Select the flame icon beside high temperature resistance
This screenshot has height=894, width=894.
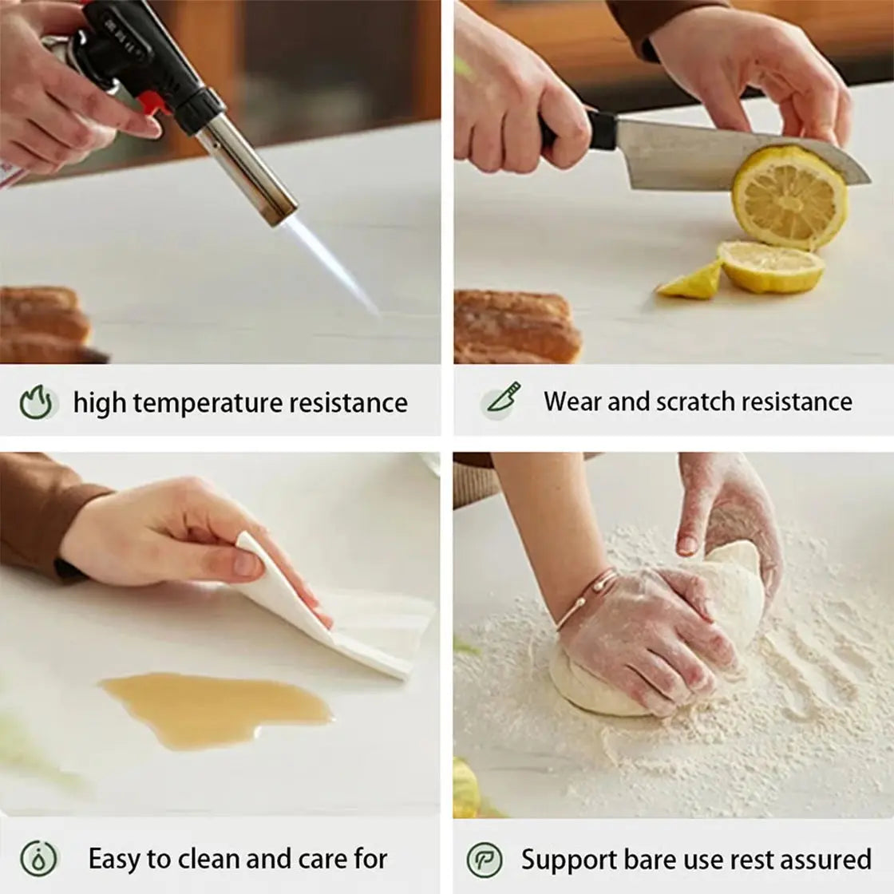click(x=37, y=402)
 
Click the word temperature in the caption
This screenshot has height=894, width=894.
click(x=208, y=402)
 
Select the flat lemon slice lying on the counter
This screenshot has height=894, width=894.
click(x=771, y=266)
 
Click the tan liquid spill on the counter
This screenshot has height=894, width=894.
click(x=216, y=710)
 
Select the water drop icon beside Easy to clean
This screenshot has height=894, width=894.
click(x=38, y=859)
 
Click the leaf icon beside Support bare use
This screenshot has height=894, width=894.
click(x=485, y=860)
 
